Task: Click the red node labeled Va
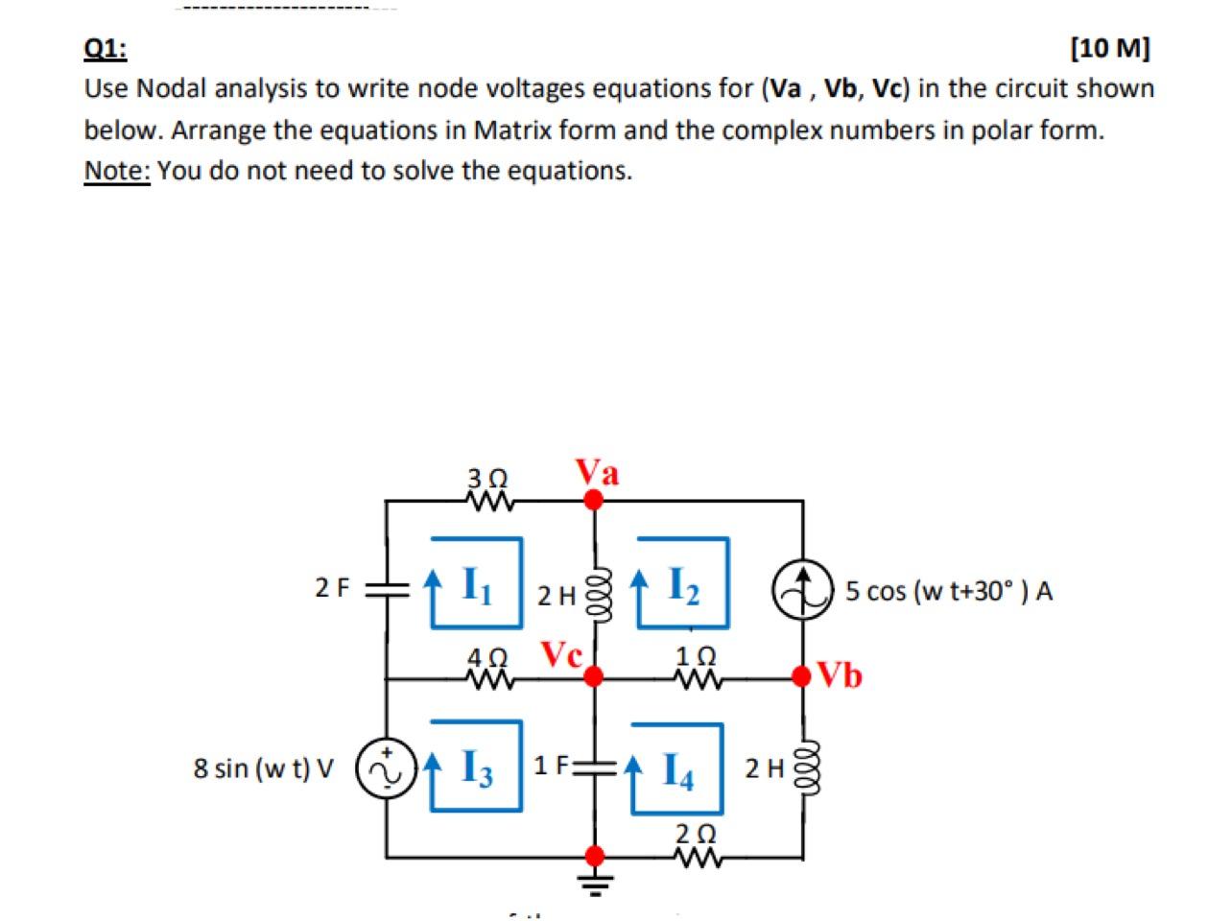click(595, 500)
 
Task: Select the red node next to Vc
click(595, 677)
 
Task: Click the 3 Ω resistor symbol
click(489, 501)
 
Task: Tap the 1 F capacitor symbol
click(595, 766)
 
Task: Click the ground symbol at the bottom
click(595, 881)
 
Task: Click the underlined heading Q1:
click(106, 48)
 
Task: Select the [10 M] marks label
click(1110, 48)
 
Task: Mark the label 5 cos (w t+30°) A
click(949, 591)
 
